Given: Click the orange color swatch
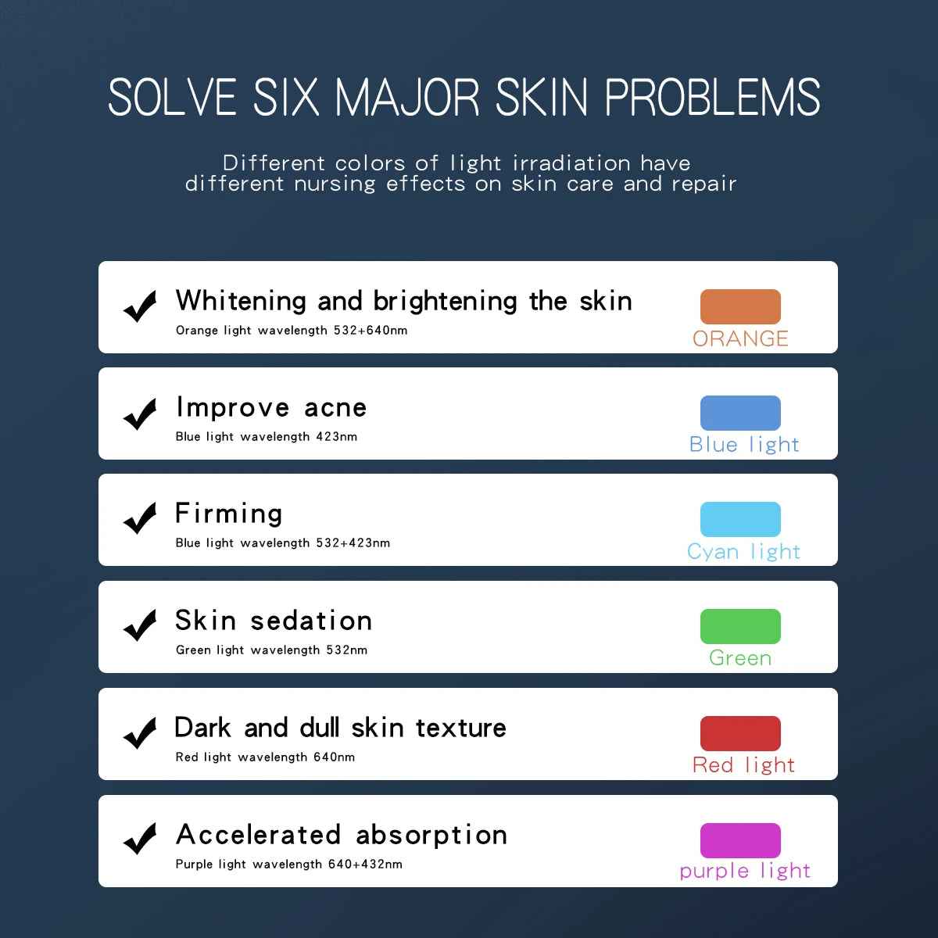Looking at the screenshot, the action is point(740,306).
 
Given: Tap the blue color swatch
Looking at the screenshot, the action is point(740,413).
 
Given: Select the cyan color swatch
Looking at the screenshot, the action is point(740,519).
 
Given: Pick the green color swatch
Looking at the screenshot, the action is point(740,626).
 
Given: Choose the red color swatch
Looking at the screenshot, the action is point(740,733).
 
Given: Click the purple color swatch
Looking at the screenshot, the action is point(740,840).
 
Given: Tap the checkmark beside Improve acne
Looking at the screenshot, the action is point(140,414).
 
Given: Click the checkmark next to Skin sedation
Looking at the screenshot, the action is point(140,625).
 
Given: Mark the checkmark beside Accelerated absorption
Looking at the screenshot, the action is point(140,839).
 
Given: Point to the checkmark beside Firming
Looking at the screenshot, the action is point(140,518).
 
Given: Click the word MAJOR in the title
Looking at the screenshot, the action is point(407,98).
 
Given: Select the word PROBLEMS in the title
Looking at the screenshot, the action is point(712,98).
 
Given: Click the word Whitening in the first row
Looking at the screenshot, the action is point(241,302).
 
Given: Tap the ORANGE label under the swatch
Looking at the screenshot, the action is point(740,338).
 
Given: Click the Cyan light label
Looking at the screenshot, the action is point(743,552).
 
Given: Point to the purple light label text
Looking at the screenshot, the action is point(745,872).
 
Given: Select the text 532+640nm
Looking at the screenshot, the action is point(371,330).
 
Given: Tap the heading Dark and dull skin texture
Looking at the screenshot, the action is point(340,728).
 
